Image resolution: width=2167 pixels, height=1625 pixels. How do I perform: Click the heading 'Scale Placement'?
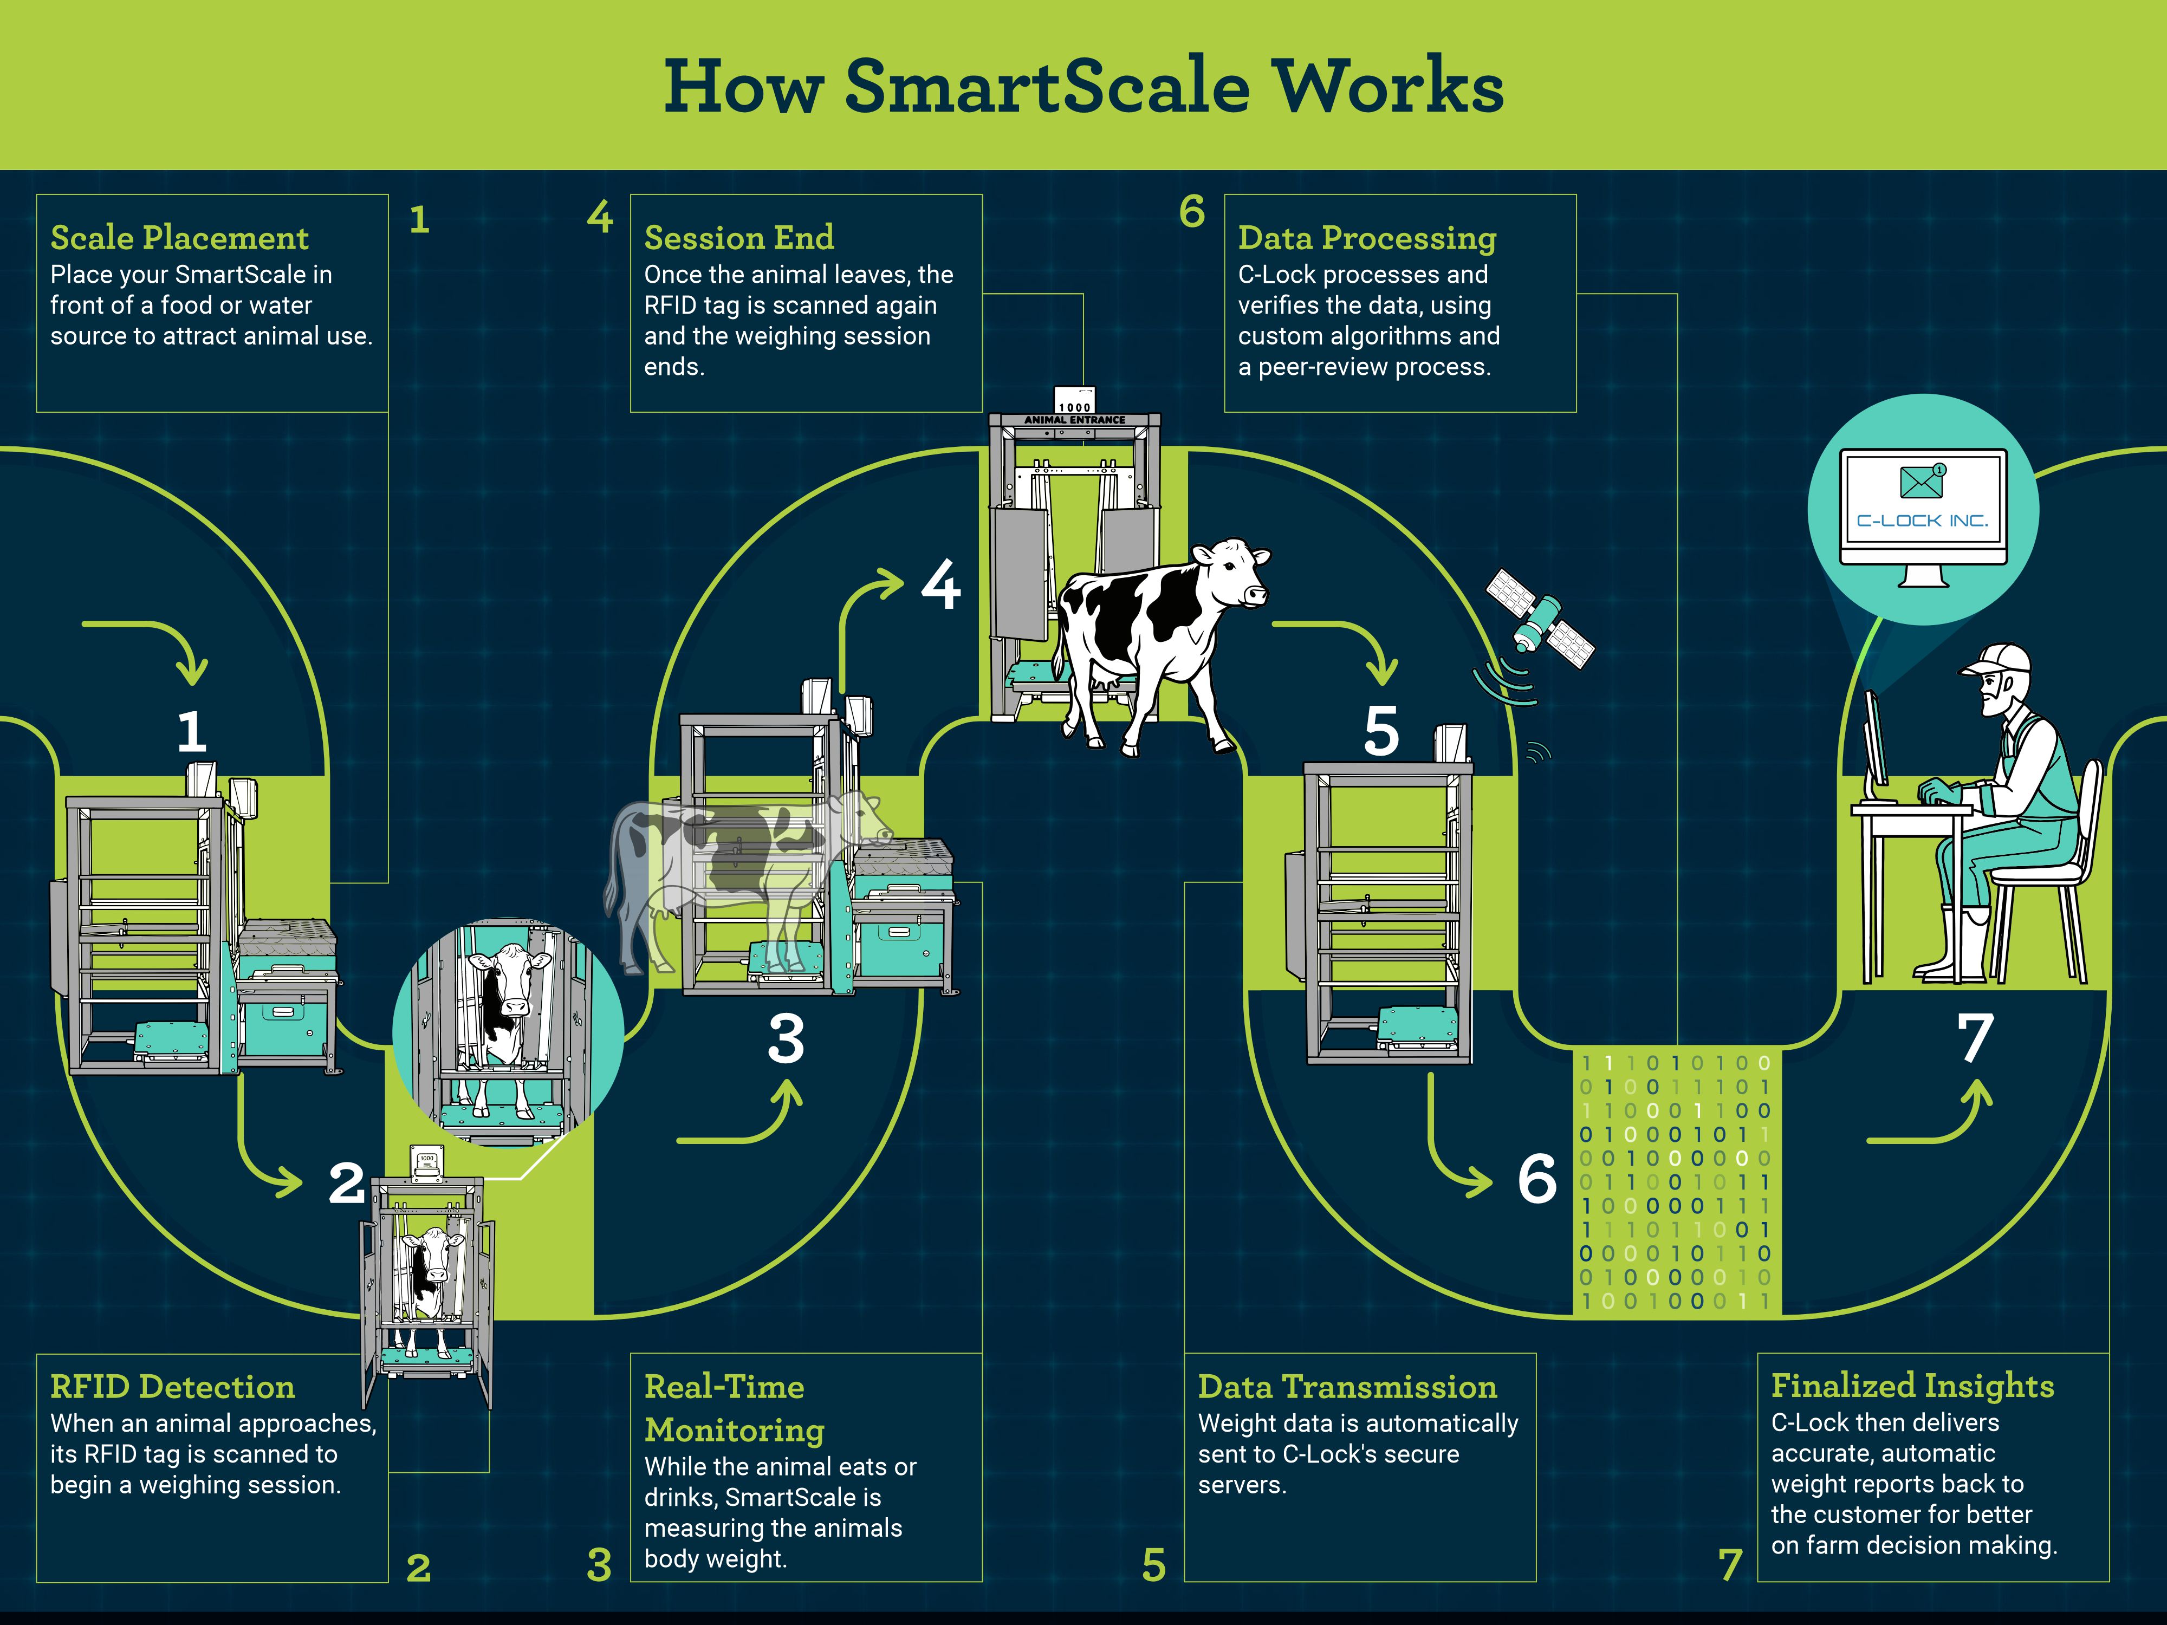point(179,237)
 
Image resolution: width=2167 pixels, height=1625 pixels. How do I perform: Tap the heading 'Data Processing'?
point(1367,238)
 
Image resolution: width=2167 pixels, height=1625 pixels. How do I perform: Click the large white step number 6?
point(1537,1178)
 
